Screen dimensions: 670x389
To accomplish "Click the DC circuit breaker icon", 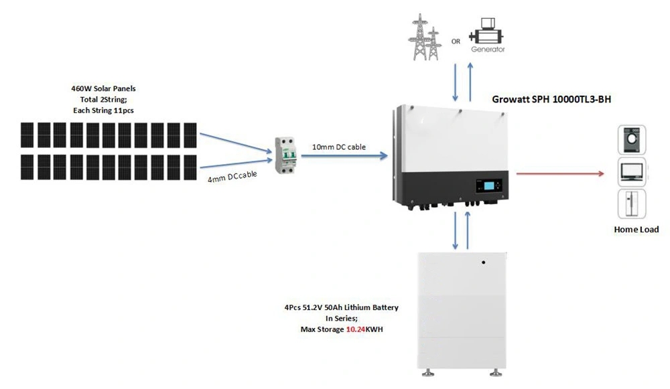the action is (285, 155).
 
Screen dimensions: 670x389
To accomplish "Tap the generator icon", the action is (486, 31).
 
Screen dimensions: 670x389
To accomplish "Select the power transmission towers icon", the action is (424, 37).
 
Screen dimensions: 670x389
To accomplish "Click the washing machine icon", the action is (632, 140).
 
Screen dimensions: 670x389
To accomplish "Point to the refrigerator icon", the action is (632, 204).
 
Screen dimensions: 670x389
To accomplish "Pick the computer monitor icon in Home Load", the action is (632, 171).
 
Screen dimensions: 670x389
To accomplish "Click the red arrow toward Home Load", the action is (560, 173).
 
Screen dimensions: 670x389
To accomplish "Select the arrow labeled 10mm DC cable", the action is (344, 156).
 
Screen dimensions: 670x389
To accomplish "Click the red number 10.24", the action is (356, 329).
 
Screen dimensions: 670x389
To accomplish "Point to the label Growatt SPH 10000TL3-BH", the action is (551, 99).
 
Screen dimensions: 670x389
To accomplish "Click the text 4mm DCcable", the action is (232, 176).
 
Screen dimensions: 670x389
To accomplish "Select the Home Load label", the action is (636, 229).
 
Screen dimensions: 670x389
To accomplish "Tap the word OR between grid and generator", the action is (456, 42).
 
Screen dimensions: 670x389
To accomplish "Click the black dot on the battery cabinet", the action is (483, 262).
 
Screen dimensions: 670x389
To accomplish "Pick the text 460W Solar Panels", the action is (103, 88).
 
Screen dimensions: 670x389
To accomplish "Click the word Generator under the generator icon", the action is (488, 49).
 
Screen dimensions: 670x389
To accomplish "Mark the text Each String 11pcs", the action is (103, 110).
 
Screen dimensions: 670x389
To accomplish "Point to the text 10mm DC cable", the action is (339, 147).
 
